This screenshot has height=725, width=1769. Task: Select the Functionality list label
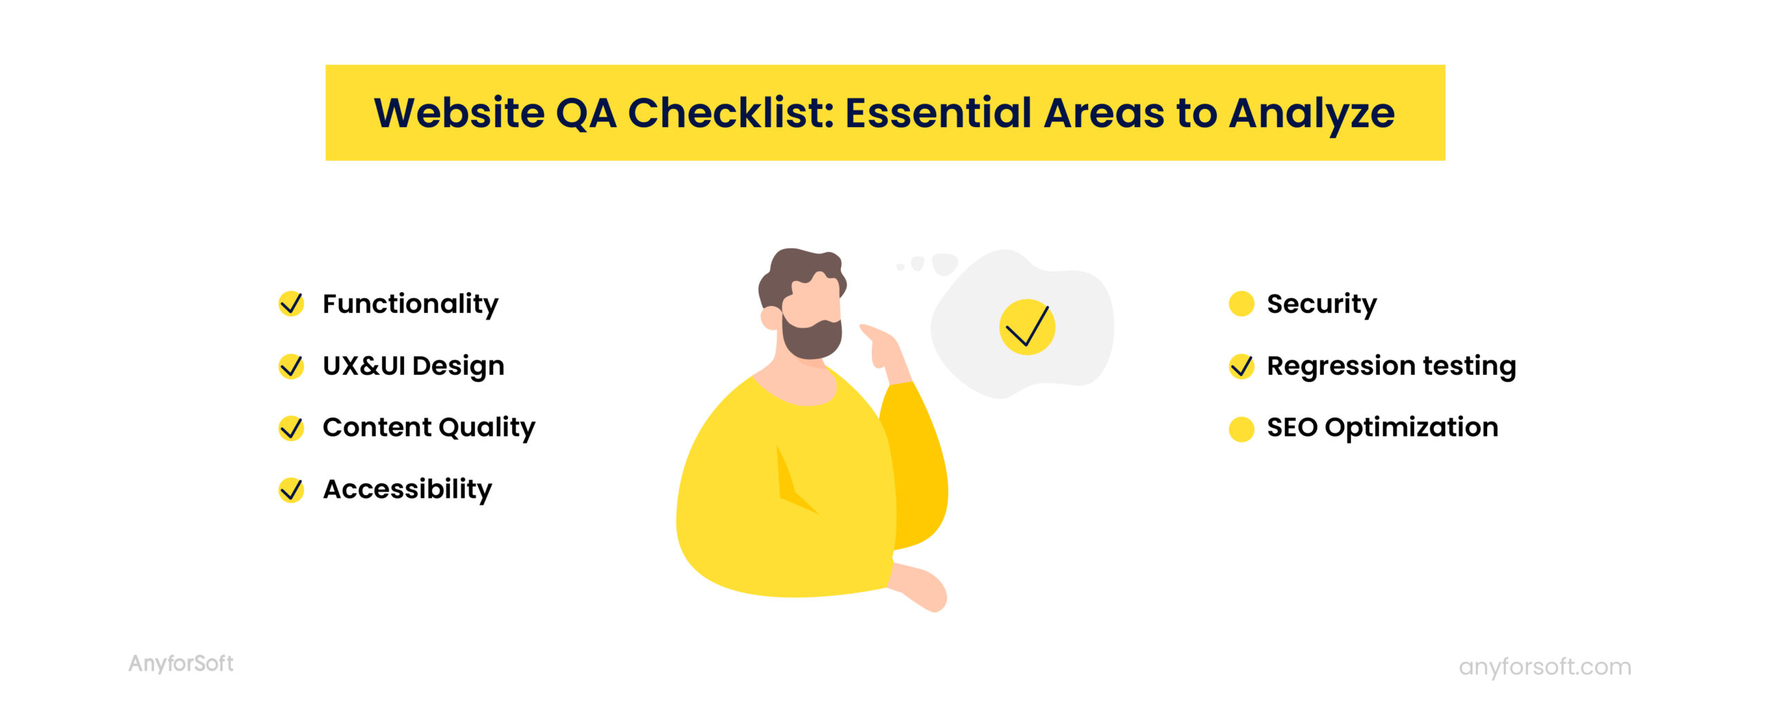click(x=410, y=304)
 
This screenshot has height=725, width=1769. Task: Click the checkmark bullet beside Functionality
click(x=291, y=304)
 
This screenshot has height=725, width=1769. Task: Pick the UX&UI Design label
click(x=413, y=366)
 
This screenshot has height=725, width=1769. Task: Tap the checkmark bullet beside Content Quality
click(x=291, y=428)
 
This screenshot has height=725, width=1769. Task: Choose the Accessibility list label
click(x=408, y=490)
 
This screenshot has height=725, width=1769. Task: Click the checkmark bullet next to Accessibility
click(x=291, y=490)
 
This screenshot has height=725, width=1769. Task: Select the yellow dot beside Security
click(x=1241, y=304)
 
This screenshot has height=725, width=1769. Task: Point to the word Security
click(x=1321, y=304)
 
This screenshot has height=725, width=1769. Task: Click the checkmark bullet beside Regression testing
click(x=1241, y=366)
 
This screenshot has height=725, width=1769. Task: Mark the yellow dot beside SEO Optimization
click(x=1241, y=428)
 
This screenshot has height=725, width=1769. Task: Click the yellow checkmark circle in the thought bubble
click(x=1027, y=327)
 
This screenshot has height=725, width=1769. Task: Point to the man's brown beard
click(x=813, y=340)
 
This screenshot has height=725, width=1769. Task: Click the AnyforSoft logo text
click(x=181, y=664)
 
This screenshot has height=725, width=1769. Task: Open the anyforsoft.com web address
click(x=1544, y=667)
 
